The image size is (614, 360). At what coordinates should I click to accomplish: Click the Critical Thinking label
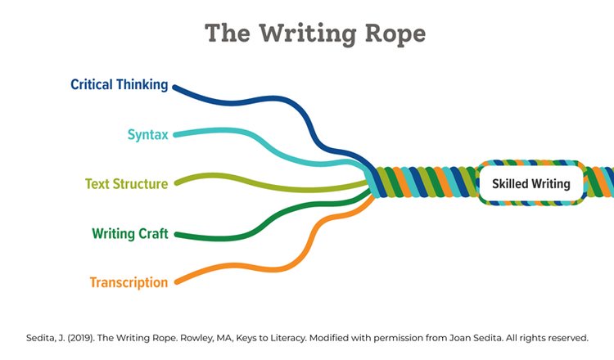coord(119,84)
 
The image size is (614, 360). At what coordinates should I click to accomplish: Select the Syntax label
coord(147,135)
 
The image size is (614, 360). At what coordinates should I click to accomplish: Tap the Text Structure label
coord(126,184)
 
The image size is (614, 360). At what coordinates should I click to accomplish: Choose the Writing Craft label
coord(130,234)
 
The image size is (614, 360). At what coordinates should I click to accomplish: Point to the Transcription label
coord(129,282)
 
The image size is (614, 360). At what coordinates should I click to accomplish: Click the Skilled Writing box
coord(531,183)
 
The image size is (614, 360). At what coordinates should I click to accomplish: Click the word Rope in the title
coord(395,34)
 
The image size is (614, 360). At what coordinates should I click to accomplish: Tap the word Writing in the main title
coord(307,34)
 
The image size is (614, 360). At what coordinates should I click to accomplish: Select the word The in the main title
coord(228,33)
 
